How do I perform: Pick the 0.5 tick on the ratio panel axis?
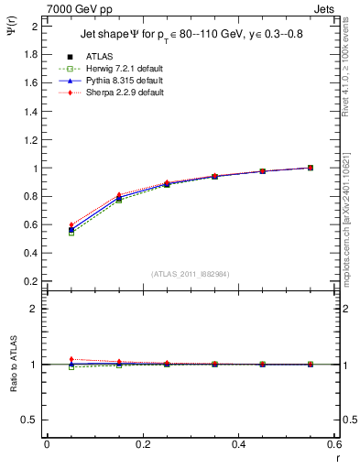(x=32, y=420)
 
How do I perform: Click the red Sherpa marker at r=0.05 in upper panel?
(x=71, y=225)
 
